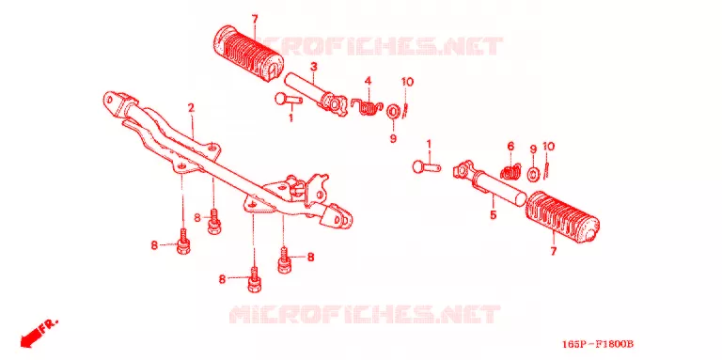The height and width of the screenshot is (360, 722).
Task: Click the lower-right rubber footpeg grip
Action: [562, 217]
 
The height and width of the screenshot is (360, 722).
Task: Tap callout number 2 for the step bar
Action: [191, 108]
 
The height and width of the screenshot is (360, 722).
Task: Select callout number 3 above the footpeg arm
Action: [314, 67]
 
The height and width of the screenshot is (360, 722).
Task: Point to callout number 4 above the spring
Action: [368, 81]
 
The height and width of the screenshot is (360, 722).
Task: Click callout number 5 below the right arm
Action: [494, 214]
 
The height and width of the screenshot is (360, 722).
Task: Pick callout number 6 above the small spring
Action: [510, 147]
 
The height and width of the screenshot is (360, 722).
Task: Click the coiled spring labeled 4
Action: [367, 107]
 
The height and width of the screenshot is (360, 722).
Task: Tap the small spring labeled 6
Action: [510, 172]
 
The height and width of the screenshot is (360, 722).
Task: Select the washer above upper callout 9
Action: [393, 112]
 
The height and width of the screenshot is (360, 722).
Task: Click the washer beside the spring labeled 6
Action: [534, 175]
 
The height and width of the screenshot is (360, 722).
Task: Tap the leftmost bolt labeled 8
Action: [182, 243]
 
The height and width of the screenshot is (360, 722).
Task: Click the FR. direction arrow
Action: [39, 333]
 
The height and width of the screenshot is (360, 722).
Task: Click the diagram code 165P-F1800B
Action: [598, 344]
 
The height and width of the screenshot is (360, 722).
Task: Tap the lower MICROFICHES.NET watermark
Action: [364, 314]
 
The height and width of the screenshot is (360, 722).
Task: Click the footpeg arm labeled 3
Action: [315, 93]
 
